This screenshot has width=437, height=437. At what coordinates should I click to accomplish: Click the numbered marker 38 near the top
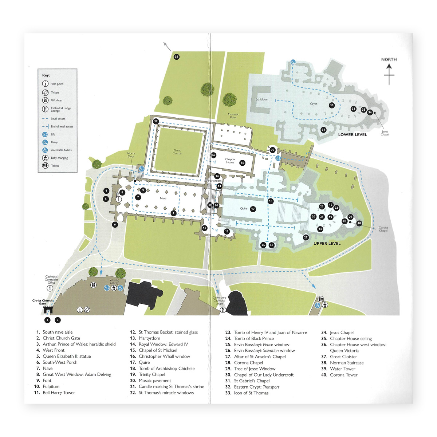point(177,57)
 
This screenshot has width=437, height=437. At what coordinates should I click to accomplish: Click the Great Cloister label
point(177,152)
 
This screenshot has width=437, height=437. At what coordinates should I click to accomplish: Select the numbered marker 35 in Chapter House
point(242,163)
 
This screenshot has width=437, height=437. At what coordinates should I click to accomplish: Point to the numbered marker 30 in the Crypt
point(331,105)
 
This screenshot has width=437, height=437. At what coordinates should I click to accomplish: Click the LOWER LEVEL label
point(352,134)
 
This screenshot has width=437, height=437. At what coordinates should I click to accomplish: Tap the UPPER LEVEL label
point(327,243)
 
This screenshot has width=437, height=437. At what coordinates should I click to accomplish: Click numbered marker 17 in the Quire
point(253,209)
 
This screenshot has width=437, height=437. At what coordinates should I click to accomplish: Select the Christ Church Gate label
point(42,302)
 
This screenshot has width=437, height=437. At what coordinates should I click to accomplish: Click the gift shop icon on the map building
point(93,285)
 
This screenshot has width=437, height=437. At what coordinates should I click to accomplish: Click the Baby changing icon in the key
point(45,158)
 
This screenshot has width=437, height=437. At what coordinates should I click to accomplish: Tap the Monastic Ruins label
point(233,116)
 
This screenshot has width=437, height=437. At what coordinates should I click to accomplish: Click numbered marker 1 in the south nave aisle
point(174,213)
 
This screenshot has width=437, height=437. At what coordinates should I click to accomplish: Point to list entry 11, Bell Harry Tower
point(59,393)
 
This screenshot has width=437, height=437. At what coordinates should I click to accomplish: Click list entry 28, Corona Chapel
point(248,363)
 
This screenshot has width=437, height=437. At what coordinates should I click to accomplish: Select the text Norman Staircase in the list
point(347,363)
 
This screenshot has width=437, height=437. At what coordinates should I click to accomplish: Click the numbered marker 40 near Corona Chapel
point(359,223)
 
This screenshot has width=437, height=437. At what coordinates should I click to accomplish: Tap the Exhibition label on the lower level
point(261,99)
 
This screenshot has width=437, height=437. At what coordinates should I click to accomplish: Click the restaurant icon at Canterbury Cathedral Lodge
point(223,310)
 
